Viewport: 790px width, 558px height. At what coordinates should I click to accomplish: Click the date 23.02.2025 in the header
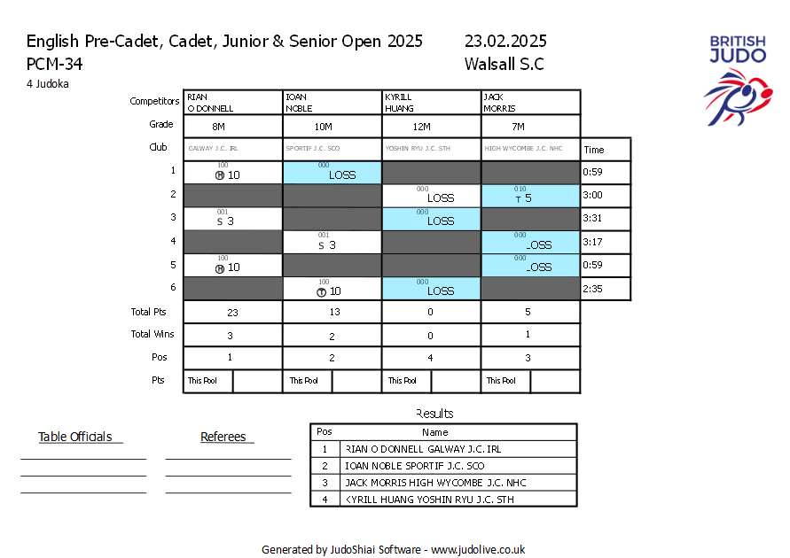pyautogui.click(x=505, y=42)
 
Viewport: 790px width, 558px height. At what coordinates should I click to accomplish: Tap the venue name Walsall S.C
pyautogui.click(x=504, y=64)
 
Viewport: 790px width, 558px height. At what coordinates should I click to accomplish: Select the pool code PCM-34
pyautogui.click(x=55, y=64)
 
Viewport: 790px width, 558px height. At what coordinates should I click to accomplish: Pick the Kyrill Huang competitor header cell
pyautogui.click(x=431, y=102)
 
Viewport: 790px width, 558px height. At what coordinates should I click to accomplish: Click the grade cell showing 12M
pyautogui.click(x=431, y=126)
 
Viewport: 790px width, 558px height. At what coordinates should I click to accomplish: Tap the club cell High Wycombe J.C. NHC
pyautogui.click(x=530, y=149)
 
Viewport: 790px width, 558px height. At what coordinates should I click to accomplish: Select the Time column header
pyautogui.click(x=593, y=150)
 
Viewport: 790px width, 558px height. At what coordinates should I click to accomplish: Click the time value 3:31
pyautogui.click(x=593, y=219)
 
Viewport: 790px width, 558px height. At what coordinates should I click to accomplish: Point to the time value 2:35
pyautogui.click(x=593, y=289)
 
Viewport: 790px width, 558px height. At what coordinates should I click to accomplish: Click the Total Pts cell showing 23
pyautogui.click(x=233, y=312)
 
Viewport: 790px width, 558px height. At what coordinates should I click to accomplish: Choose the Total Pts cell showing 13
pyautogui.click(x=332, y=312)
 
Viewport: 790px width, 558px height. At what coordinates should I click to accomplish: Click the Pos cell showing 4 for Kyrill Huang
pyautogui.click(x=431, y=358)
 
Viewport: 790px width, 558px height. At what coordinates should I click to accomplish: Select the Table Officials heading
pyautogui.click(x=74, y=437)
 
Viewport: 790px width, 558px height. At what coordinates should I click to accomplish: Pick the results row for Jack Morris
pyautogui.click(x=443, y=482)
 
